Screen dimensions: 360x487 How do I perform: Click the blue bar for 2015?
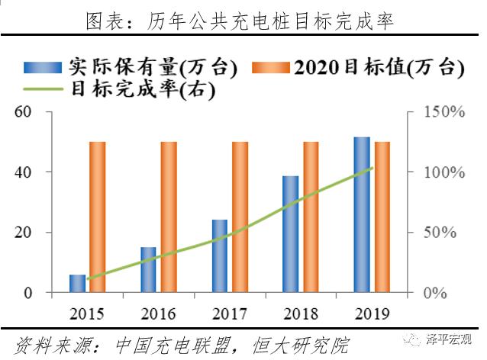pyautogui.click(x=78, y=283)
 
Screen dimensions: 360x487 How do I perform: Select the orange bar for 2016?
pyautogui.click(x=169, y=217)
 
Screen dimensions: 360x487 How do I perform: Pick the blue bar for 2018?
pyautogui.click(x=291, y=234)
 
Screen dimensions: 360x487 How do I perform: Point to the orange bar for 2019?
pyautogui.click(x=382, y=217)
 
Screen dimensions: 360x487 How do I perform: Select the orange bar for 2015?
pyautogui.click(x=98, y=217)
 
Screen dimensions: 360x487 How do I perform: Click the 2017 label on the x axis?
pyautogui.click(x=230, y=313)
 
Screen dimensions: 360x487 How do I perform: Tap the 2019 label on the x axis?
pyautogui.click(x=372, y=313)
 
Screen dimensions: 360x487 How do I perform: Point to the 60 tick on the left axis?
pyautogui.click(x=23, y=112)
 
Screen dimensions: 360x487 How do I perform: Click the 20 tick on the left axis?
pyautogui.click(x=23, y=233)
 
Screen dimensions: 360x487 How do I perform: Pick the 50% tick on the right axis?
pyautogui.click(x=441, y=233)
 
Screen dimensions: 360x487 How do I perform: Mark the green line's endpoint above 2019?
pyautogui.click(x=373, y=168)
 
